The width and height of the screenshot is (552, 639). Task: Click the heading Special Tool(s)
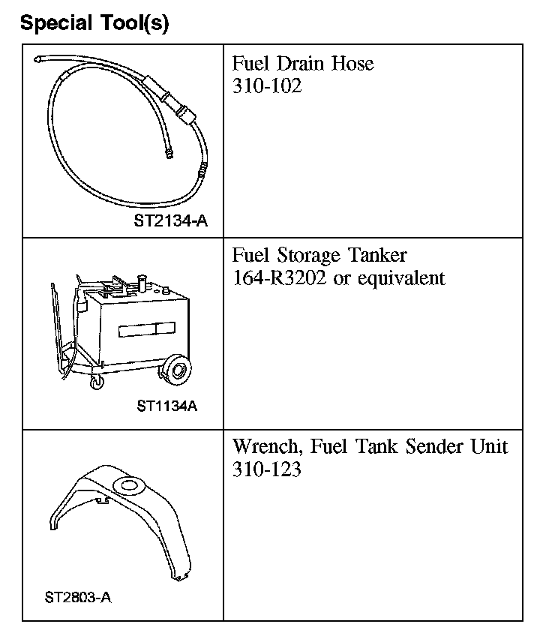click(94, 23)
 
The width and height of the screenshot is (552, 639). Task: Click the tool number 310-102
click(267, 86)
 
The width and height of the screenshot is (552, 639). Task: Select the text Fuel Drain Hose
click(303, 63)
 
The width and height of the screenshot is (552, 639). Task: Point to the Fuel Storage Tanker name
click(319, 256)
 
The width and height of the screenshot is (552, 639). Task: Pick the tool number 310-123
click(267, 471)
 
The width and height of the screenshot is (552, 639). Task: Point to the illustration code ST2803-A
click(79, 598)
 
